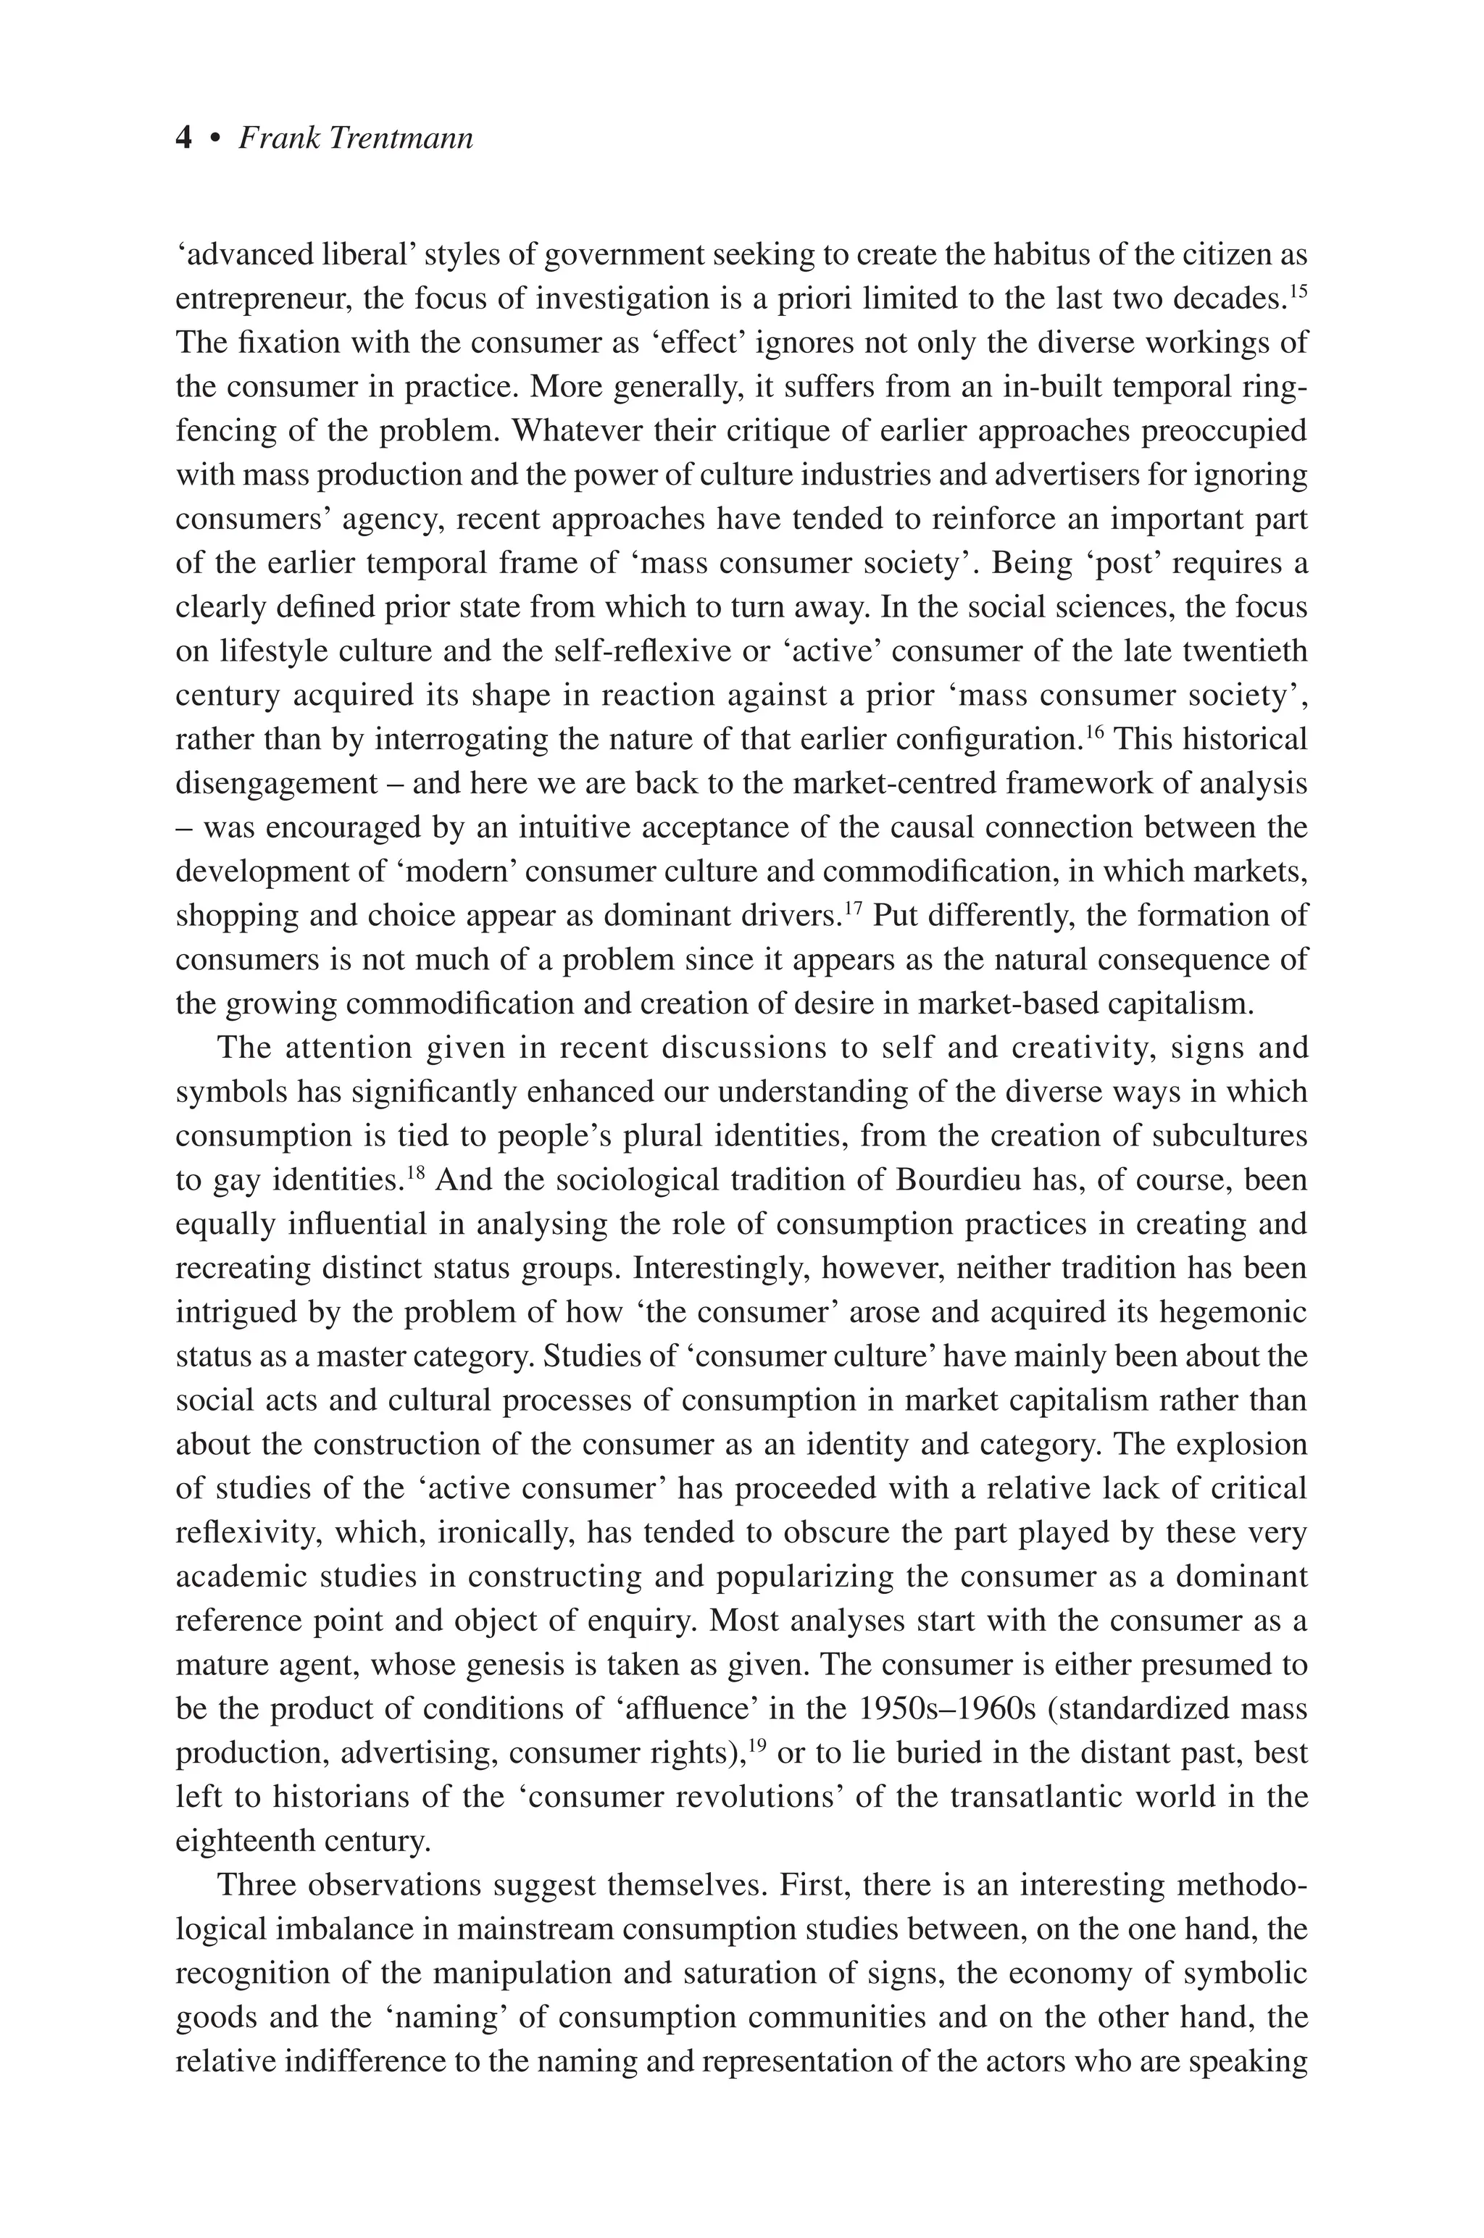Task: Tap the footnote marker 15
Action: point(1298,288)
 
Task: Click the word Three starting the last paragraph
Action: point(256,1885)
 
